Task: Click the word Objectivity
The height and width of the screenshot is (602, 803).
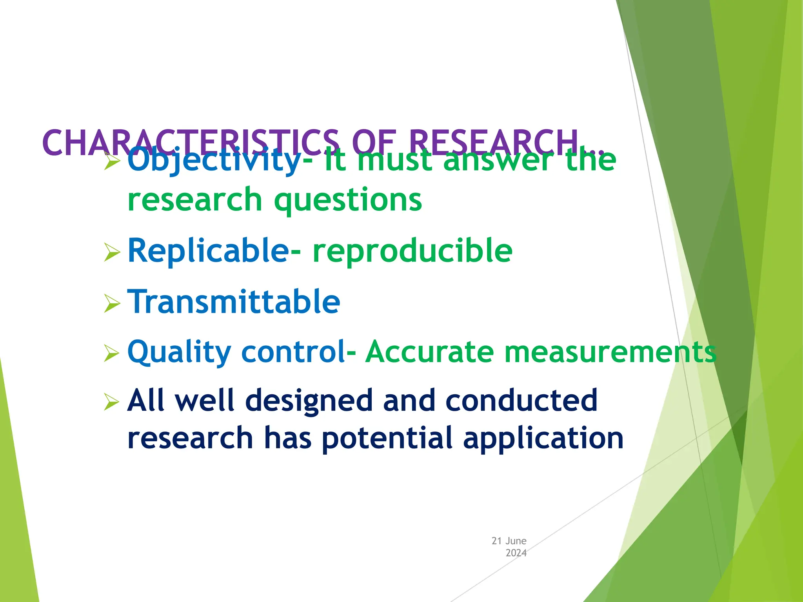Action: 214,161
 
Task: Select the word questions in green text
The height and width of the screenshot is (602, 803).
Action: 348,200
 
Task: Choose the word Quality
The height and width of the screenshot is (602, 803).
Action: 179,352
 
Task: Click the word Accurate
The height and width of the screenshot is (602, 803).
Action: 429,352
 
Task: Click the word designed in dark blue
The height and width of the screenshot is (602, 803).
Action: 309,401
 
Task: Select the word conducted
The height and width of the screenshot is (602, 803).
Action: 521,401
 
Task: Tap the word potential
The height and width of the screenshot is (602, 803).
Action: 387,438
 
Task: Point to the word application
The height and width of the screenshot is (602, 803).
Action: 543,438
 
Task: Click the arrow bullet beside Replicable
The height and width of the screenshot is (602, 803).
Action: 112,252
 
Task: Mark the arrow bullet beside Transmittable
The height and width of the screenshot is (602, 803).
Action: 112,303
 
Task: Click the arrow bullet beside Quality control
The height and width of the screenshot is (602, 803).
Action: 112,353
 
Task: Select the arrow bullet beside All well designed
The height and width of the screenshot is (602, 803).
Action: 112,402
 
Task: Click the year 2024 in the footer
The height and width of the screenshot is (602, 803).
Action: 516,553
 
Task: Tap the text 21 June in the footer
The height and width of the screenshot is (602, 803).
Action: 509,541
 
